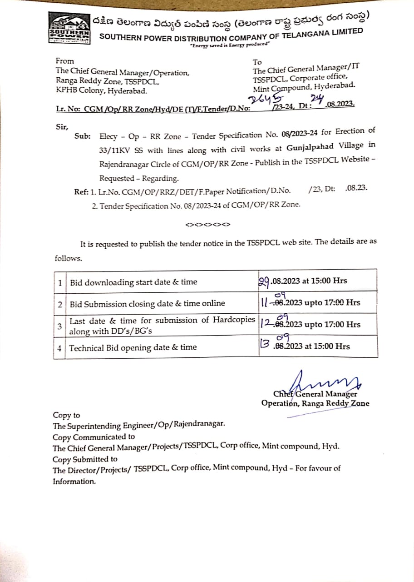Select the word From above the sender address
click(x=64, y=60)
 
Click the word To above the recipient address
click(x=257, y=62)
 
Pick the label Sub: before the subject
click(x=83, y=136)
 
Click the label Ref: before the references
click(x=82, y=192)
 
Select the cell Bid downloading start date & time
click(x=133, y=282)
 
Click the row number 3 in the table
click(x=60, y=326)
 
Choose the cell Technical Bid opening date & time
click(x=133, y=347)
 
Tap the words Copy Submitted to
click(x=85, y=459)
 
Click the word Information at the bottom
click(x=74, y=482)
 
